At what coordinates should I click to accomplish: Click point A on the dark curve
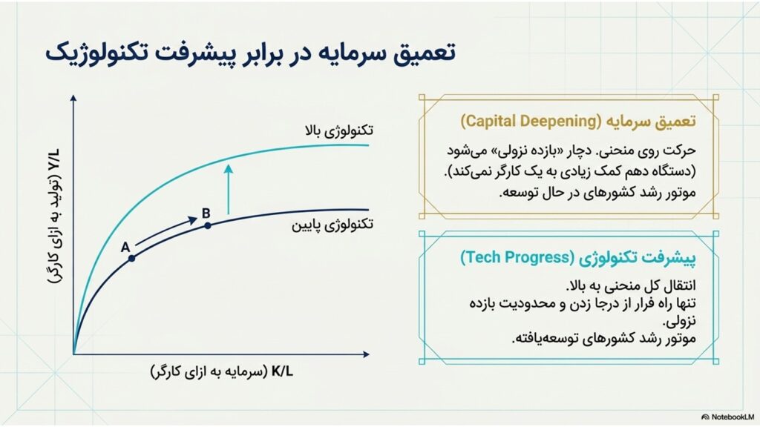[x=131, y=259]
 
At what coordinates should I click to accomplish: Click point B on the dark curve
[x=208, y=225]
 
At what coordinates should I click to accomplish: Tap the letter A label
[x=125, y=248]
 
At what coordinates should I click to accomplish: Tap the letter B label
[x=206, y=213]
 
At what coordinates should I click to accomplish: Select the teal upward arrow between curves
[x=229, y=189]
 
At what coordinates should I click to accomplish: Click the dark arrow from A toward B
[x=166, y=232]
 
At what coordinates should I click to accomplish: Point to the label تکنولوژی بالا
[x=338, y=130]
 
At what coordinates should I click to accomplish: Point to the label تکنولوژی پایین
[x=332, y=225]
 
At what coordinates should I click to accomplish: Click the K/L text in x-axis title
[x=282, y=372]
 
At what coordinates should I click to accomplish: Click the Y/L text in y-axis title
[x=53, y=160]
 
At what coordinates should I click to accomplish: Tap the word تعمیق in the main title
[x=423, y=53]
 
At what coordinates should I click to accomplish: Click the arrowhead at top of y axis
[x=73, y=98]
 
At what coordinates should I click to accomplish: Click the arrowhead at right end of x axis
[x=366, y=354]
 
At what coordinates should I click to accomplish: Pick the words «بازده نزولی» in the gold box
[x=529, y=150]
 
